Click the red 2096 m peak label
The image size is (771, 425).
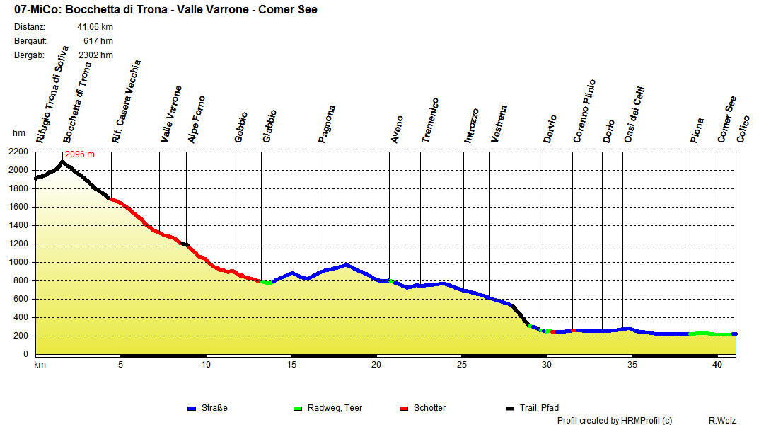80,154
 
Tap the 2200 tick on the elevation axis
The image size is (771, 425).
19,152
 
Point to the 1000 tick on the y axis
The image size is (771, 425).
19,262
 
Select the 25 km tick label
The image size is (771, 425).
461,365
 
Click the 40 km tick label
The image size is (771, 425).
717,365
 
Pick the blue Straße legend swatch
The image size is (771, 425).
191,408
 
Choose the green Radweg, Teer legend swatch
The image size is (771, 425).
297,408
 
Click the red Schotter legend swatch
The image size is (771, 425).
404,408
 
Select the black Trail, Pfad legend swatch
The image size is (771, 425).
510,408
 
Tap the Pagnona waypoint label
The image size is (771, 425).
327,125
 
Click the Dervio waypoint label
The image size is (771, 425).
550,129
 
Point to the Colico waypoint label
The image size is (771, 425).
743,129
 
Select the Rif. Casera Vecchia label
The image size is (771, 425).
127,102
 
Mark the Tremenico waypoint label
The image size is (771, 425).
430,121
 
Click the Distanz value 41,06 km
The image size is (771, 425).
95,27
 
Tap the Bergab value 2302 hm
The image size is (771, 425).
95,55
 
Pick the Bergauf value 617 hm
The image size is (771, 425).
98,41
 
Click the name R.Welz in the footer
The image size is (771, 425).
722,420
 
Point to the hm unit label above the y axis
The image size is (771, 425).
19,133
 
